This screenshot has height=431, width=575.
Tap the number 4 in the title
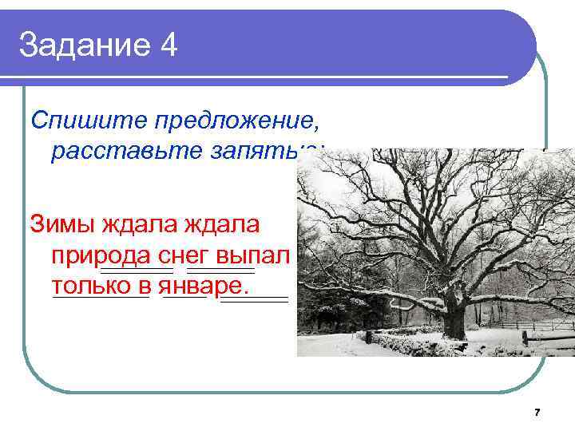coord(169,45)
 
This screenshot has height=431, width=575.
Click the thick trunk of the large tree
coord(453,314)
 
